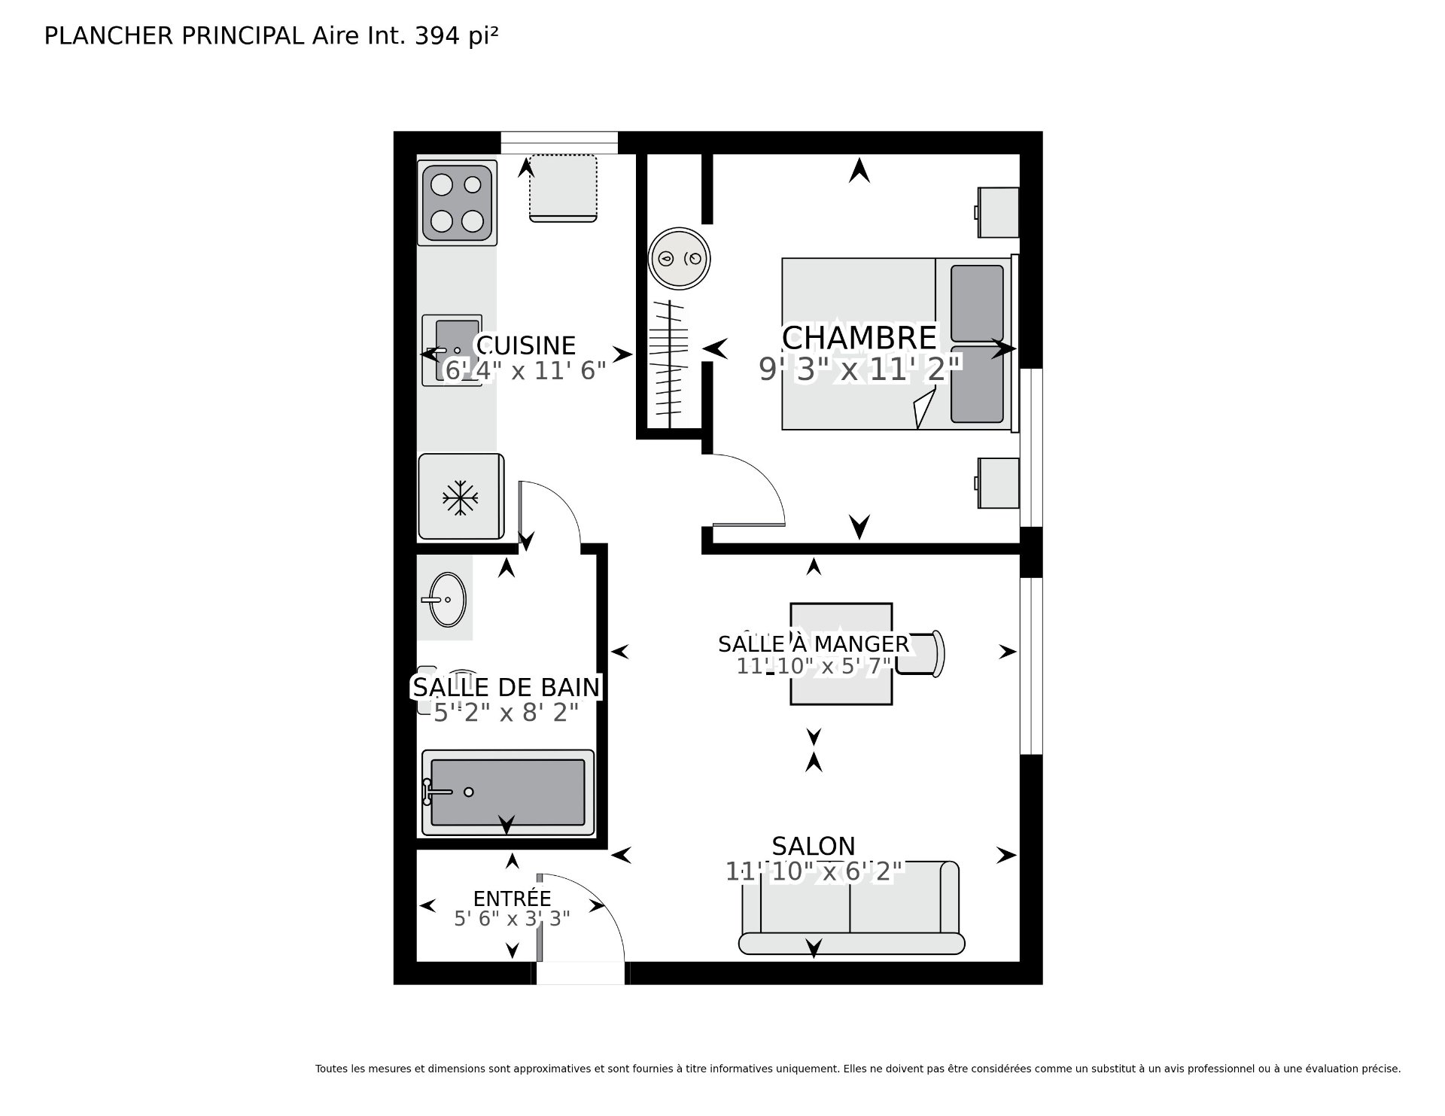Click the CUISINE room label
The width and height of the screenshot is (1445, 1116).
(x=525, y=345)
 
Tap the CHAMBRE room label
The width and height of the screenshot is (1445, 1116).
(x=859, y=338)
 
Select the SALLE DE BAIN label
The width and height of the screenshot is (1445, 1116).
(x=507, y=687)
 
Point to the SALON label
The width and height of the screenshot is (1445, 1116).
(x=814, y=846)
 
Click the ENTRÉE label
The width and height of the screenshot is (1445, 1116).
(x=512, y=898)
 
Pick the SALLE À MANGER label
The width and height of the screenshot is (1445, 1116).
(x=814, y=644)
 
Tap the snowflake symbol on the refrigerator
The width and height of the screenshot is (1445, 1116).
(x=460, y=497)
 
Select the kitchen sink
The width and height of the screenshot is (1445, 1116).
(x=452, y=351)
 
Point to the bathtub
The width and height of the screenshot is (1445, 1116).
(x=508, y=792)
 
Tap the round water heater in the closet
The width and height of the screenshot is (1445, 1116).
(x=680, y=259)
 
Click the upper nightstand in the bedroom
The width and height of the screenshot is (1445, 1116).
(x=997, y=213)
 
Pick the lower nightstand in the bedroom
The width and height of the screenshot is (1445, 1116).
(x=997, y=483)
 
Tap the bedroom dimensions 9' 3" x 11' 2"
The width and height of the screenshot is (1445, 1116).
(x=860, y=369)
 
